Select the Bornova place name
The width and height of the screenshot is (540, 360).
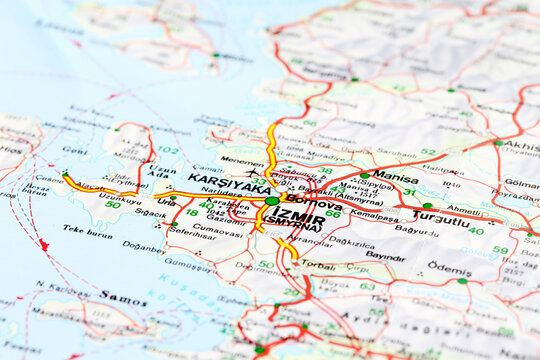[x=313, y=203]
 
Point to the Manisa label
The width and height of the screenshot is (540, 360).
[x=396, y=178]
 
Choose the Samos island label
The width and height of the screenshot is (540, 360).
[x=122, y=297]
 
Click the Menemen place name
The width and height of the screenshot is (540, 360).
[x=242, y=160]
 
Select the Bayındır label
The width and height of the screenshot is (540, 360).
[x=385, y=256]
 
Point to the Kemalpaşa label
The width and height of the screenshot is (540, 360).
[x=374, y=214]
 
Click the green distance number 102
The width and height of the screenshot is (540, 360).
[x=167, y=150]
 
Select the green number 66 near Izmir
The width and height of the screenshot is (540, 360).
[x=333, y=214]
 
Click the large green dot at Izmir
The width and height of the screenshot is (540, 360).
[x=272, y=201]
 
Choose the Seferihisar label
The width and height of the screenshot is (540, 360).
[x=192, y=234]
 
